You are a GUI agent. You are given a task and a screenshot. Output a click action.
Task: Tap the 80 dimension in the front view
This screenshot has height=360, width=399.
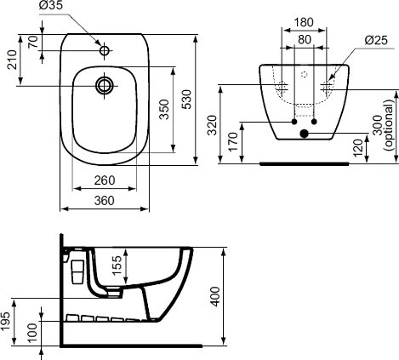(x=304, y=38)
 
